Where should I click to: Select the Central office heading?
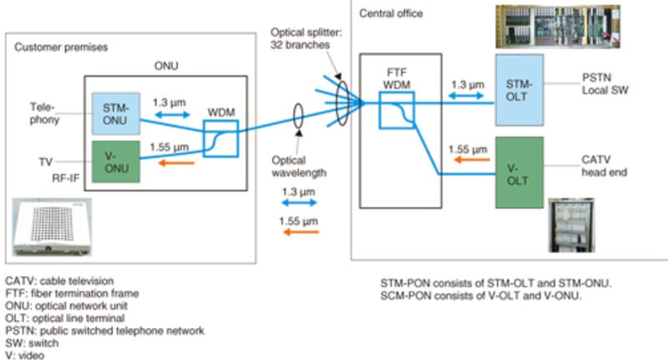coord(391,13)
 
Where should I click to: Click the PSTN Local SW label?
coord(599,82)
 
